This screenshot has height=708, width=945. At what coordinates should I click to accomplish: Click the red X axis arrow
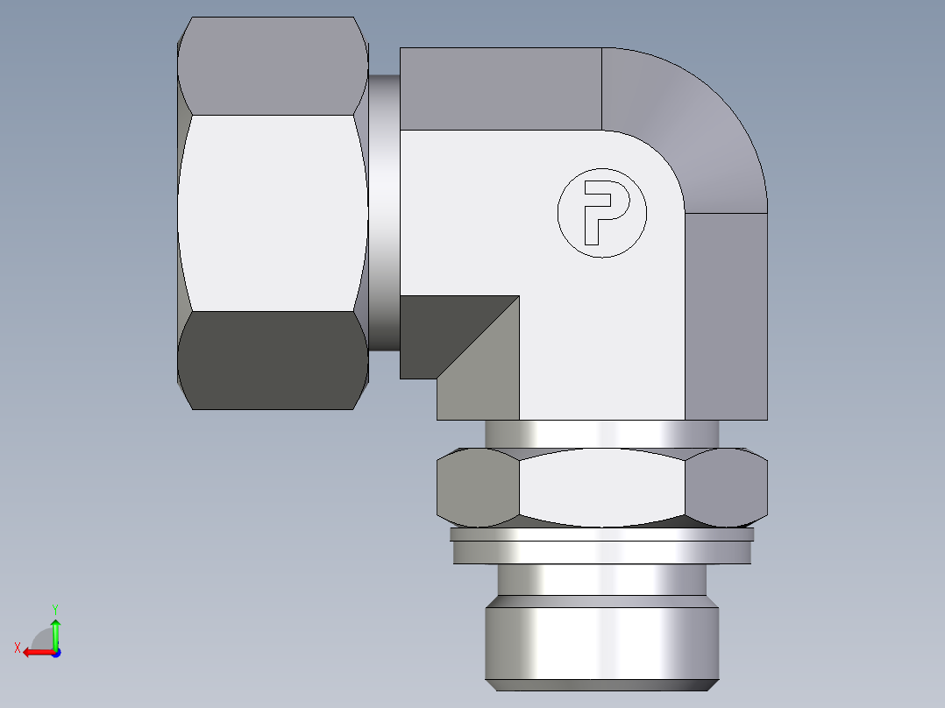tap(35, 652)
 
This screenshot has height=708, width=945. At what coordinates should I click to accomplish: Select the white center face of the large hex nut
tap(272, 213)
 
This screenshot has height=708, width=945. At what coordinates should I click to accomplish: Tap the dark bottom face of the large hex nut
tap(272, 359)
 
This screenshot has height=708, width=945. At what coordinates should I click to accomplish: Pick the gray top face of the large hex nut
tap(272, 66)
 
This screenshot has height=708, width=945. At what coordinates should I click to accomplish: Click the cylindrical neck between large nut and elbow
tap(384, 210)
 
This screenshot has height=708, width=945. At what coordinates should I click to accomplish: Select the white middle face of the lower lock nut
tap(602, 486)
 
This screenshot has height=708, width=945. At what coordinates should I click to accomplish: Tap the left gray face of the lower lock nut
tap(478, 488)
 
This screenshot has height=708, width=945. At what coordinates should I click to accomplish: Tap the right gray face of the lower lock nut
tap(728, 488)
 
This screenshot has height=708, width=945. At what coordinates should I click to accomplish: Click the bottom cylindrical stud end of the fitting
tap(602, 640)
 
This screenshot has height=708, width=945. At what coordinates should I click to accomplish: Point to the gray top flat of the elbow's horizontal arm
tap(500, 88)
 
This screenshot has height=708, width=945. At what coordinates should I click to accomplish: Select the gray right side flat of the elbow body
tap(726, 315)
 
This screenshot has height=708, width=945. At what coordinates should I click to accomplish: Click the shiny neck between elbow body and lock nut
tap(602, 433)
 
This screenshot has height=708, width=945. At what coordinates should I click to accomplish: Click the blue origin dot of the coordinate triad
tap(55, 653)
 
